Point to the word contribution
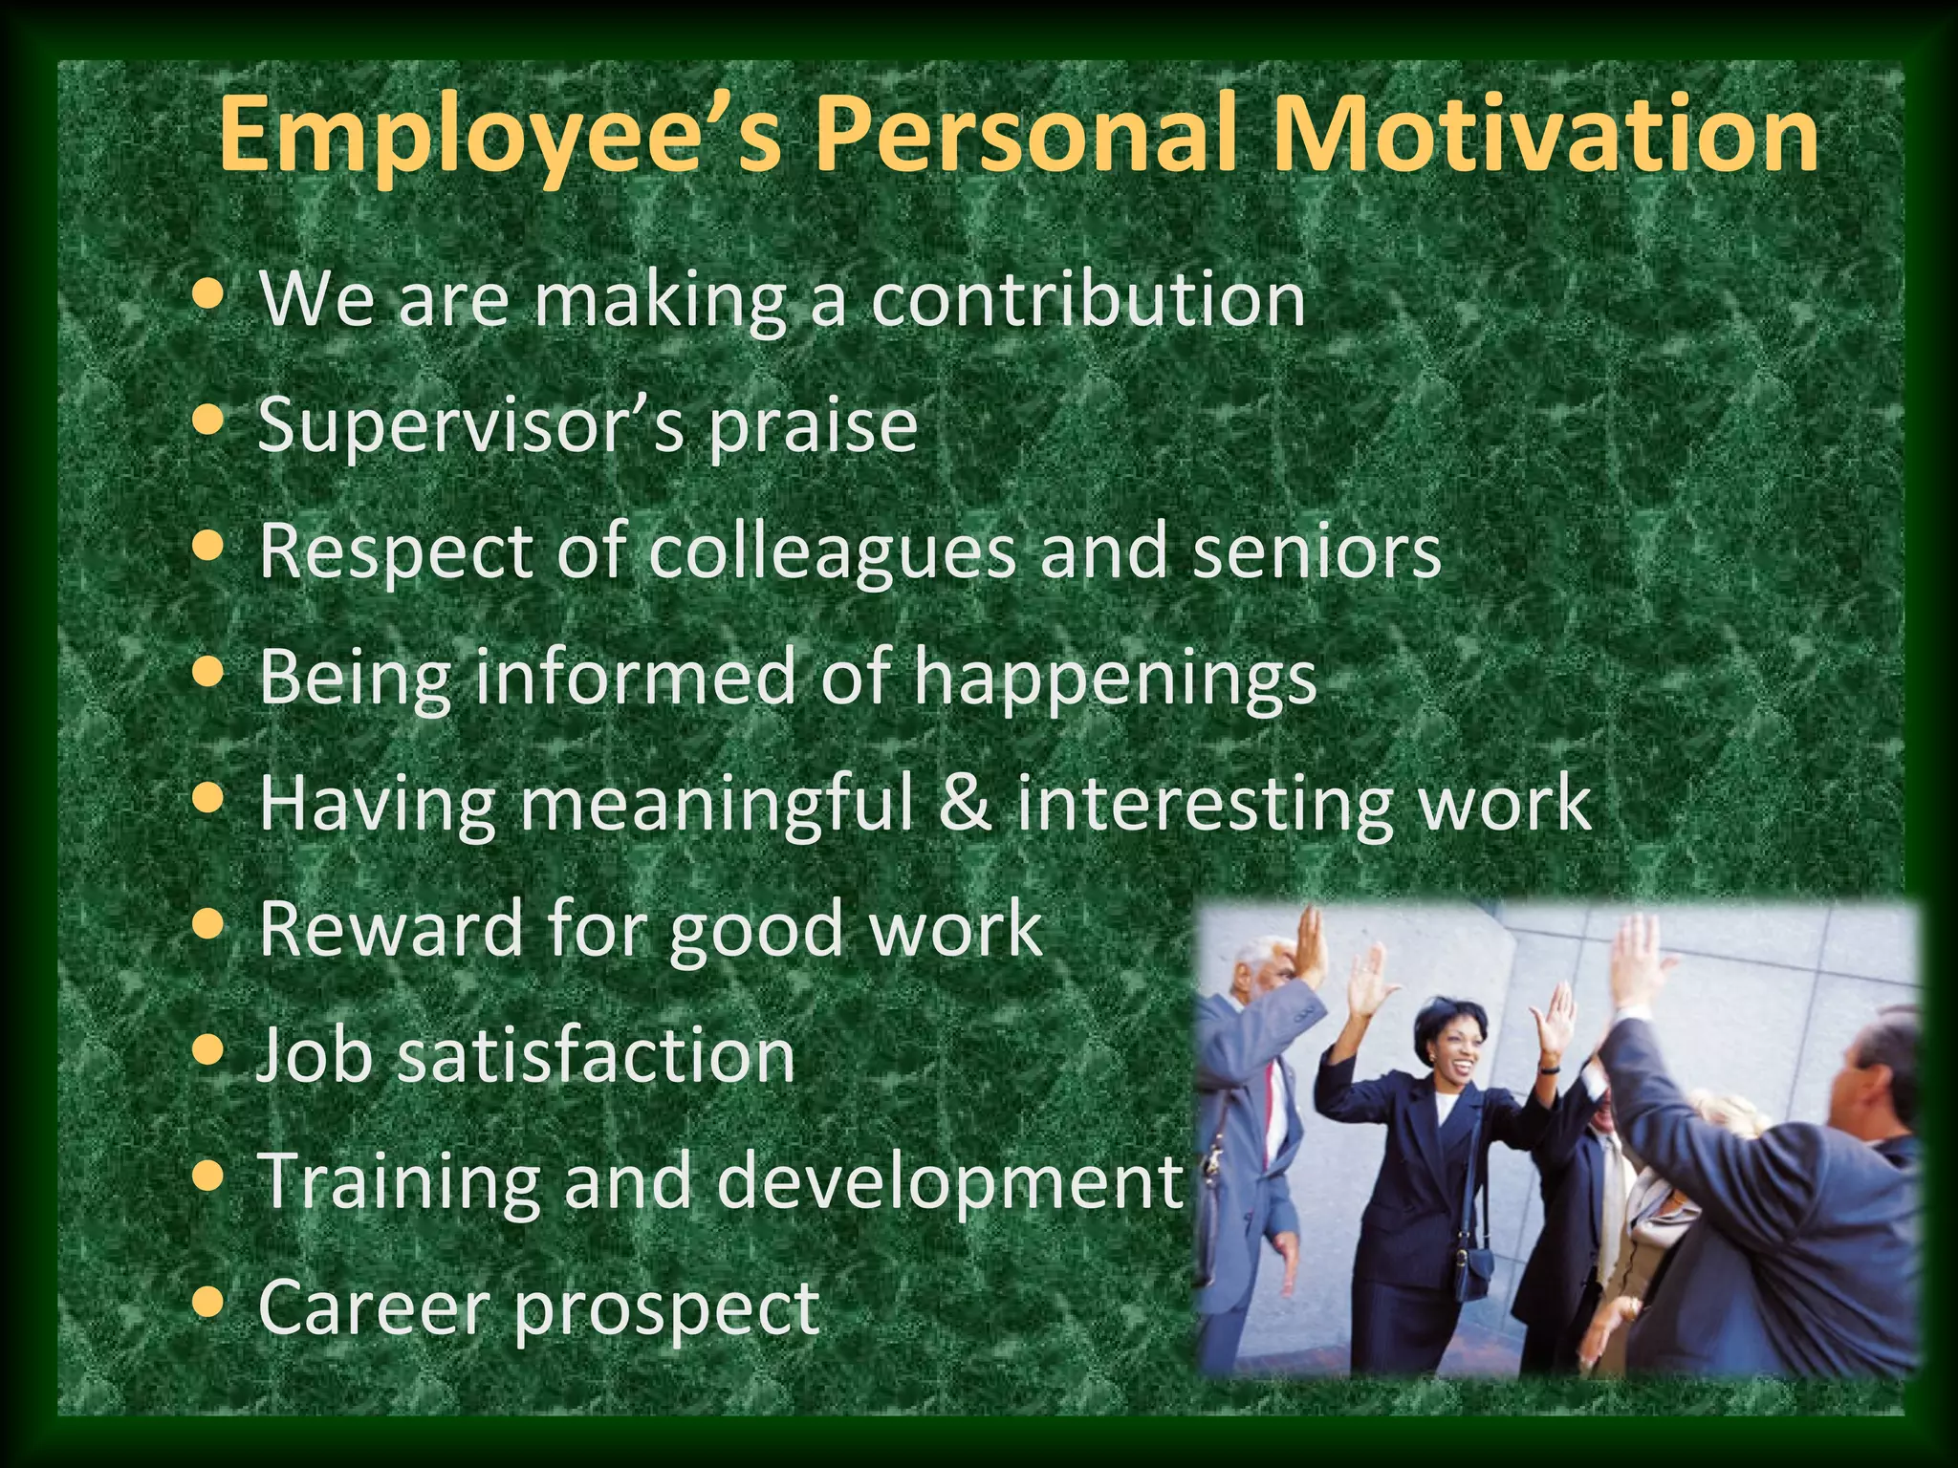tap(1087, 299)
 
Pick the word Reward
tap(391, 927)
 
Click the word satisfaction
tap(597, 1054)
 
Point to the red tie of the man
tap(1271, 1099)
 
